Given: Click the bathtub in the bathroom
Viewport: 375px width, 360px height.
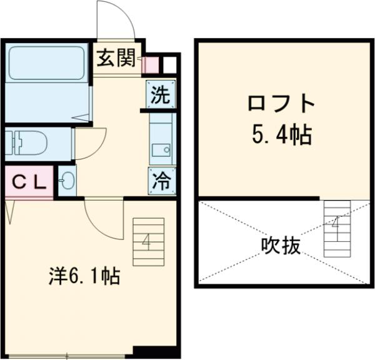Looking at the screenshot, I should pyautogui.click(x=47, y=63).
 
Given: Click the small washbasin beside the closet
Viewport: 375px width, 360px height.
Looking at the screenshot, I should pyautogui.click(x=67, y=182).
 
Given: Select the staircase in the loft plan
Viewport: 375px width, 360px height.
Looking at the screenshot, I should pyautogui.click(x=337, y=229).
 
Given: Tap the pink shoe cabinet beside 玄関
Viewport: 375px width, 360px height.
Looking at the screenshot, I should pyautogui.click(x=150, y=64).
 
